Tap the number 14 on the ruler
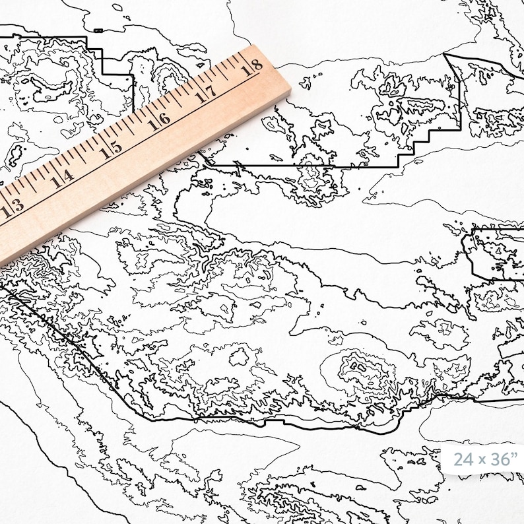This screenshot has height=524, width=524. [x=63, y=177]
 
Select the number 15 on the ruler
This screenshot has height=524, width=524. [x=111, y=148]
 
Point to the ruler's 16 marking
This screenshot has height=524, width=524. [x=158, y=120]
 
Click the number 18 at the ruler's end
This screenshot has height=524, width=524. [x=252, y=66]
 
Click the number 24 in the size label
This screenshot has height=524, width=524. [x=464, y=459]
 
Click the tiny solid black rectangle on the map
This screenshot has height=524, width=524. [x=98, y=30]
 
